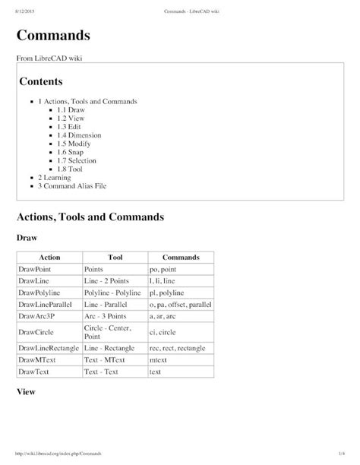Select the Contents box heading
point(46,81)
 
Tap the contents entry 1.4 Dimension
point(79,134)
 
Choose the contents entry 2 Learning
point(55,176)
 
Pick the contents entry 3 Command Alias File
point(76,185)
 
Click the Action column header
point(49,258)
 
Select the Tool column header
point(115,258)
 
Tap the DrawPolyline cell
point(39,292)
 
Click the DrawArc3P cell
point(37,315)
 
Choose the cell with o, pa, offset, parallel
point(180,303)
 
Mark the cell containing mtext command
point(159,359)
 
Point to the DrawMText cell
point(38,359)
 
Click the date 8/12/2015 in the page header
point(27,11)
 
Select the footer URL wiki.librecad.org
point(54,453)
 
